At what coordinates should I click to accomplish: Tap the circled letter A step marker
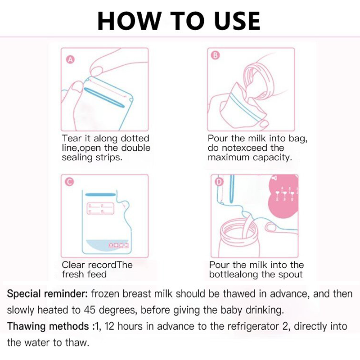(x=71, y=60)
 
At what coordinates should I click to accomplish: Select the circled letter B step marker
(x=215, y=55)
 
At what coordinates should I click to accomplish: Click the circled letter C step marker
(x=70, y=182)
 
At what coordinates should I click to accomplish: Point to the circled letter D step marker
(x=219, y=182)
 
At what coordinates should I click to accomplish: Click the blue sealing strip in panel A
(x=104, y=98)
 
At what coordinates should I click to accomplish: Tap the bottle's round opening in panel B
(x=258, y=81)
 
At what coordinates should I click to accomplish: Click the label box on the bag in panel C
(x=100, y=208)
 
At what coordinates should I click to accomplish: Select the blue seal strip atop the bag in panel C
(x=100, y=195)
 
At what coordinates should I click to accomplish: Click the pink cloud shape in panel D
(x=283, y=196)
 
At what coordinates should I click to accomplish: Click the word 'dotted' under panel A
(x=135, y=138)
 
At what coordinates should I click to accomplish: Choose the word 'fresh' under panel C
(x=72, y=274)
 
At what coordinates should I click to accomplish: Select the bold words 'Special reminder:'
(x=47, y=294)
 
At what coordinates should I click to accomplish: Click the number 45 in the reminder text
(x=90, y=310)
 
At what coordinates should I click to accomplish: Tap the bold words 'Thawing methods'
(x=48, y=327)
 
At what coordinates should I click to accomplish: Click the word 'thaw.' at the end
(x=77, y=343)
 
